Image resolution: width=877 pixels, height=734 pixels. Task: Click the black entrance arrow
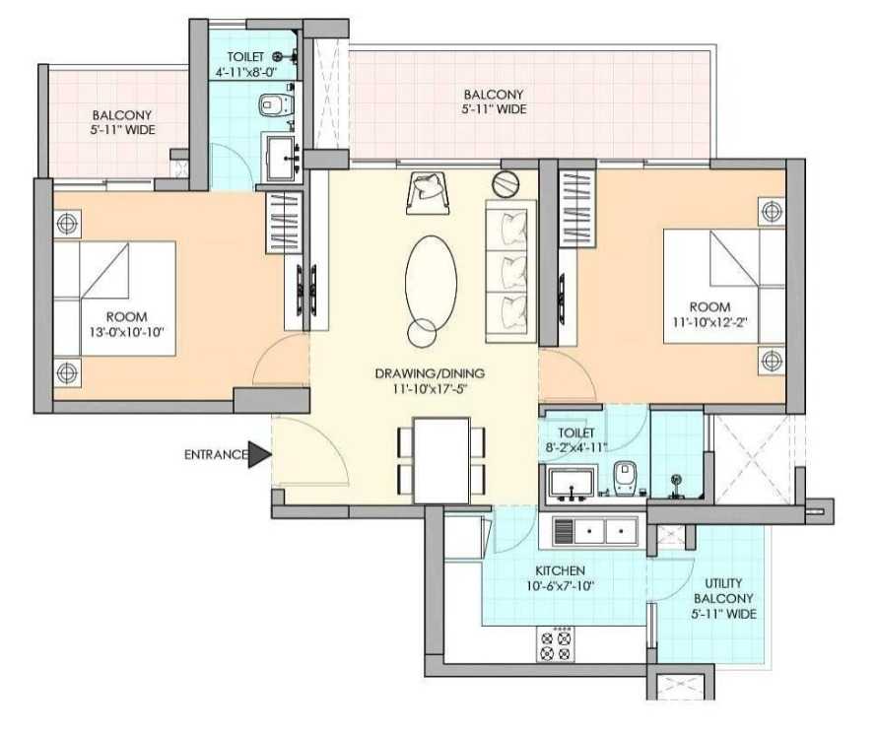pos(258,454)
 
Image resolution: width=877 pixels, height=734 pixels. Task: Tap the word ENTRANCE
pos(216,455)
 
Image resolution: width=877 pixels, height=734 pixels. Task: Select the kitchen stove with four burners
pos(555,644)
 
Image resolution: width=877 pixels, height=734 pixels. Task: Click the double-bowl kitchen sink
pos(594,531)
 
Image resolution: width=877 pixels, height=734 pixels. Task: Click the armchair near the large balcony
pos(429,193)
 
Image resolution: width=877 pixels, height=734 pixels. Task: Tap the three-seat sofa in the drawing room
pos(510,271)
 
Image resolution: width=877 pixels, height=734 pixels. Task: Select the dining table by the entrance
pos(440,460)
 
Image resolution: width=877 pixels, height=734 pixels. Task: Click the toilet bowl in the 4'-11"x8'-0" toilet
pos(276,104)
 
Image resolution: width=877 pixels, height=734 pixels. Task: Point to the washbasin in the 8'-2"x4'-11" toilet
pos(572,483)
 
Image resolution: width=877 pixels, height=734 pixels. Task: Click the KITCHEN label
pos(560,570)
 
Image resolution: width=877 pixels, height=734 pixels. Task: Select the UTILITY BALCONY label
pos(723,590)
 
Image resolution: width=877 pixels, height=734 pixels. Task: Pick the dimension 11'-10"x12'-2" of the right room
pos(710,322)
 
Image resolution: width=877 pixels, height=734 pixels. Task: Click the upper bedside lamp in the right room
pos(773,211)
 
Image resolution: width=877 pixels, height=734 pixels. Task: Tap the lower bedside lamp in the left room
pos(67,372)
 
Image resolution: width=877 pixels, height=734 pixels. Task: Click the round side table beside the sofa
pos(506,184)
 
